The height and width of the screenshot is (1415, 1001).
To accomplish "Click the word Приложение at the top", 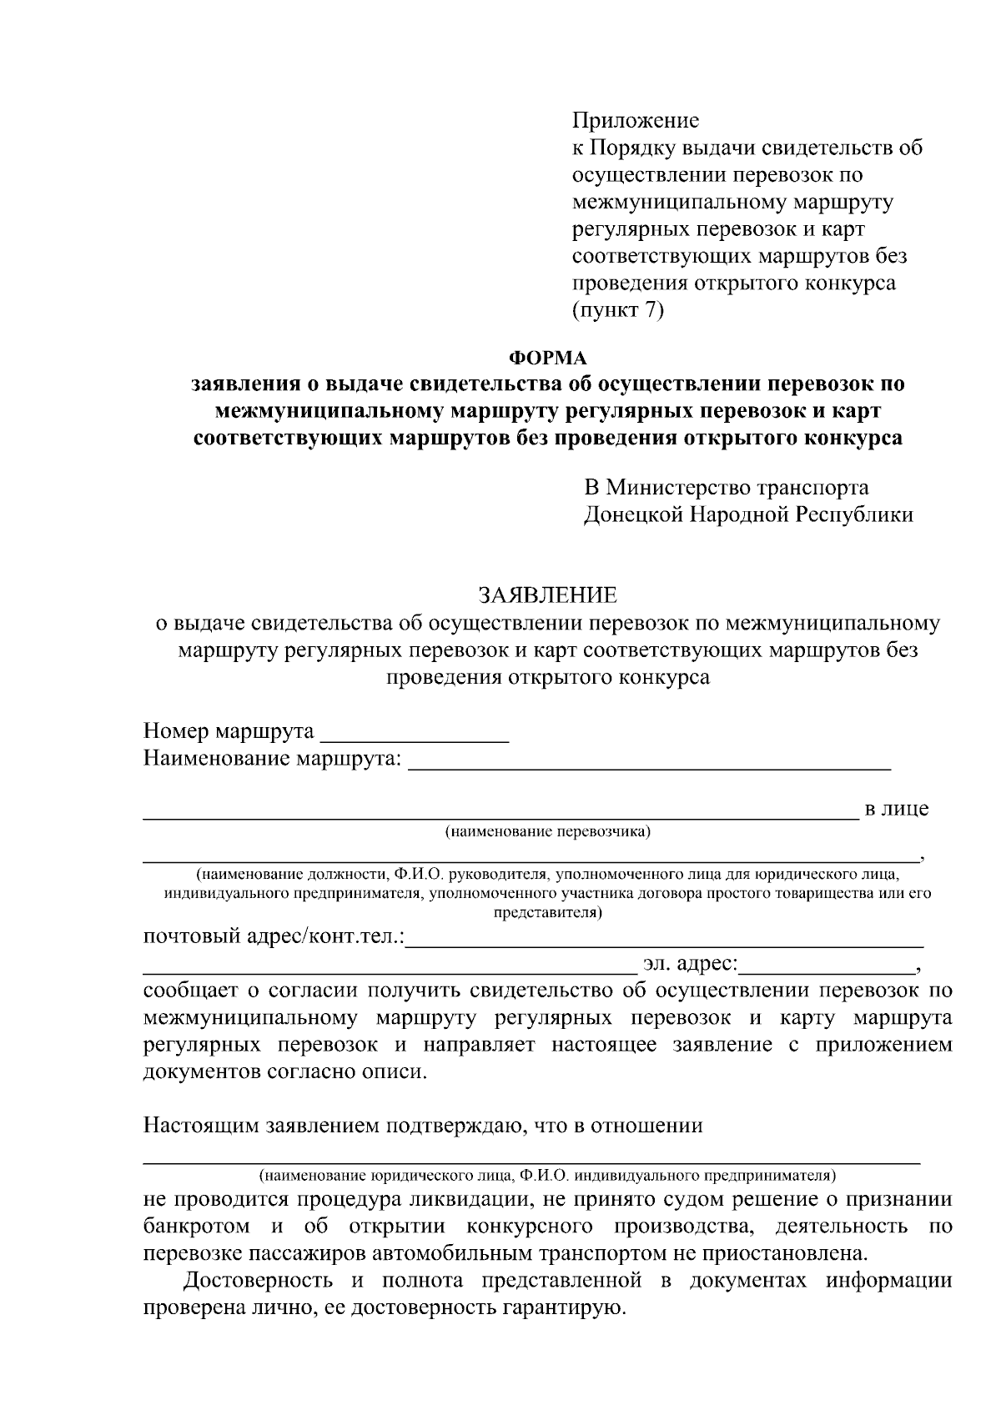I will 635,121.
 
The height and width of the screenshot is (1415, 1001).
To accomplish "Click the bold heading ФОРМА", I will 548,359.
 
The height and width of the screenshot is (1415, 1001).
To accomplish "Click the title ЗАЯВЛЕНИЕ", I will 547,595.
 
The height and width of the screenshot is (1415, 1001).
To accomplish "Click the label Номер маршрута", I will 229,732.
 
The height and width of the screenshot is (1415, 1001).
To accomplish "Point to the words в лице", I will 896,809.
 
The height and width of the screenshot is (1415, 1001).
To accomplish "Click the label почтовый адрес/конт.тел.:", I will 274,937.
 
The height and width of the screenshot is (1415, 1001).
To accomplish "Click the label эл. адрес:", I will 690,965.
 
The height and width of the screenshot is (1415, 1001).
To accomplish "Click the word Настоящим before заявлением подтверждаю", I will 201,1126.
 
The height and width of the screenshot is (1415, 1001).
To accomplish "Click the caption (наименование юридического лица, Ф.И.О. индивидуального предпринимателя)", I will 547,1176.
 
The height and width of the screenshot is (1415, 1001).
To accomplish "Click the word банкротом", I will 196,1227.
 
